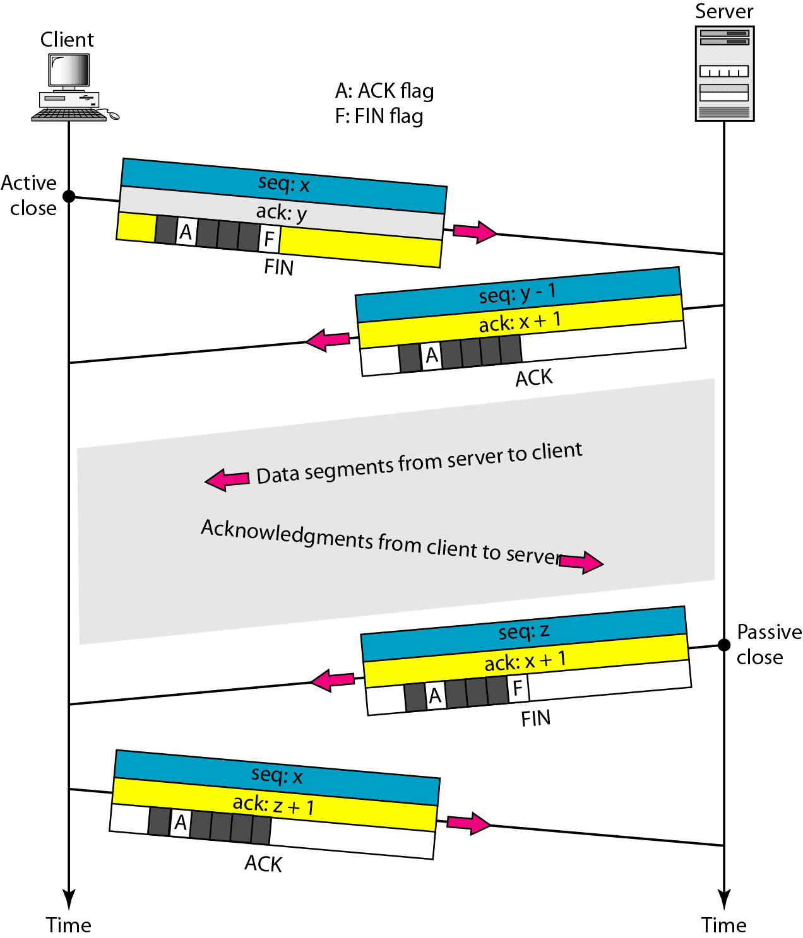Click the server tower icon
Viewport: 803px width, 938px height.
[x=724, y=73]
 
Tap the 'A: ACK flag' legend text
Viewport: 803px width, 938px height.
[x=384, y=91]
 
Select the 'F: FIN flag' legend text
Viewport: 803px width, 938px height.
[x=379, y=117]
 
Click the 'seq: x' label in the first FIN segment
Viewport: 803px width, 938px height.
[x=283, y=184]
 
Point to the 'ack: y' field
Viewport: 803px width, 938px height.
[x=281, y=213]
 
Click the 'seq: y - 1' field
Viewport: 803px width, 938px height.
[x=517, y=293]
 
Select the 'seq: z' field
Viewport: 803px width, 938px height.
[x=523, y=631]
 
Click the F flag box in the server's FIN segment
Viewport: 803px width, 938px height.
[x=518, y=688]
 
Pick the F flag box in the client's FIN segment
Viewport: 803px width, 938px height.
[x=269, y=239]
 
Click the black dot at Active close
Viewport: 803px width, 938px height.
[x=69, y=197]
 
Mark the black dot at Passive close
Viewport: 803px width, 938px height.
[x=724, y=645]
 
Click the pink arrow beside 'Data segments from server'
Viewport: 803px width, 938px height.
[x=227, y=479]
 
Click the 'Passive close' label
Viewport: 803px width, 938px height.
[x=768, y=645]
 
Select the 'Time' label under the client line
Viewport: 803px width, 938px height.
[x=68, y=925]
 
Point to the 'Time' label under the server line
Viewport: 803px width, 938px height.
[x=723, y=925]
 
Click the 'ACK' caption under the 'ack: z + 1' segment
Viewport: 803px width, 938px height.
[x=263, y=864]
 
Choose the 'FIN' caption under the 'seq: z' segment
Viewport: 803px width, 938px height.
[x=535, y=718]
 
